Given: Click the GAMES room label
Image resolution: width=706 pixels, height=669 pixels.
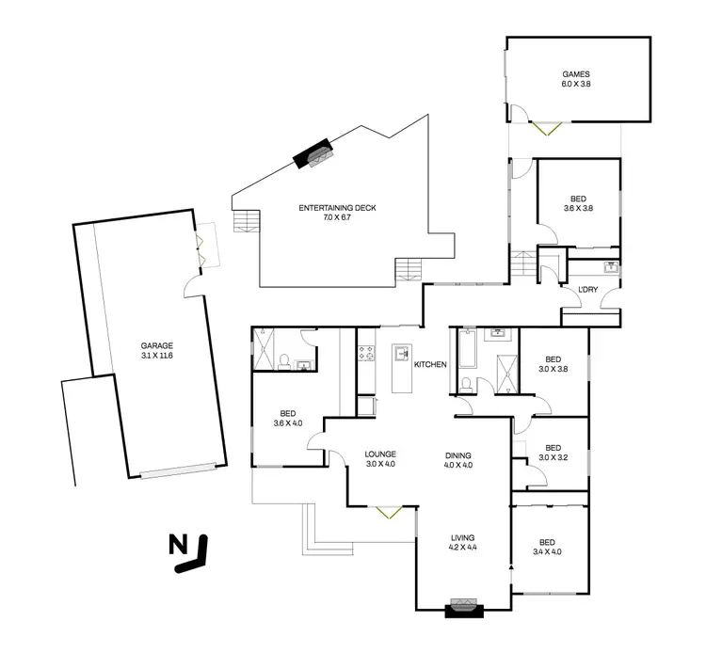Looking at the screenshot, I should pos(577,77).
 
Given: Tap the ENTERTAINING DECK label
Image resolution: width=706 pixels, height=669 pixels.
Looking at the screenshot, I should pos(336,212).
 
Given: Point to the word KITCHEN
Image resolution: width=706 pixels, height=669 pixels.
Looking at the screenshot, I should pos(430,364).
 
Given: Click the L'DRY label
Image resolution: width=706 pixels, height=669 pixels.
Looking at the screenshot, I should pos(574,289).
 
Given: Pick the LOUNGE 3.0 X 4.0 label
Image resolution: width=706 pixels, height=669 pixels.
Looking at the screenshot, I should pos(381,458).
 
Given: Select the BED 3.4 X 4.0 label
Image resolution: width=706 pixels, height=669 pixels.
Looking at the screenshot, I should pos(548,546).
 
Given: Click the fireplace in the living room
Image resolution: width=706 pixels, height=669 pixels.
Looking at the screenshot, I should pos(463,608).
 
